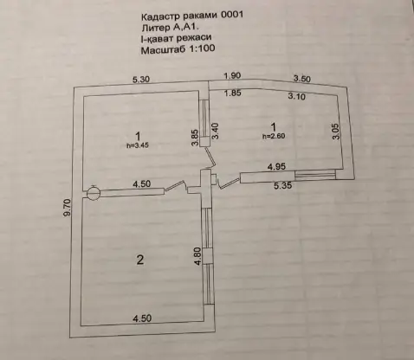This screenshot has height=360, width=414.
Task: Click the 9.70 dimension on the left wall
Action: tap(67, 207)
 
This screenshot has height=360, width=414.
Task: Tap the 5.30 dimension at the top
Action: tap(141, 79)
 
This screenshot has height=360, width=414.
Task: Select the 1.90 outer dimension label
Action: tap(232, 75)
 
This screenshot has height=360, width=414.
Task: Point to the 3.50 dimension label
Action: tap(301, 78)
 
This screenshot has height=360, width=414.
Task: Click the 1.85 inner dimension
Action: tap(233, 93)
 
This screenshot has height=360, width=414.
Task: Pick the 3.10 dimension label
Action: tap(296, 96)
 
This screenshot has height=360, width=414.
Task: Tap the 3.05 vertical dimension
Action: tap(336, 132)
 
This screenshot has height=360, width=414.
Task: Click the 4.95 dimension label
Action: tap(276, 166)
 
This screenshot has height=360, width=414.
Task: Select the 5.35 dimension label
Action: tap(283, 185)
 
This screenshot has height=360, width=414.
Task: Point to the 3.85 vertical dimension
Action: tap(195, 138)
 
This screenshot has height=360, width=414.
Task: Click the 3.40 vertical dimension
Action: tap(216, 132)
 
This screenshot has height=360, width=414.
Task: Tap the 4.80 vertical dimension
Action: tap(198, 256)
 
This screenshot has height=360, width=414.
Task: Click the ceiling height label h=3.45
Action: tap(138, 145)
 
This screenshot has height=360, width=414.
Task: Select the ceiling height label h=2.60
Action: tap(274, 136)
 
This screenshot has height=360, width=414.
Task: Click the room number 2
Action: tap(140, 260)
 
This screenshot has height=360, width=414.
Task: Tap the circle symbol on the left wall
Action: tap(94, 192)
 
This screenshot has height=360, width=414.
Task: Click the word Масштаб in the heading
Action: tap(164, 50)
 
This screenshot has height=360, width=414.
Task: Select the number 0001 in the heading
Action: tap(232, 15)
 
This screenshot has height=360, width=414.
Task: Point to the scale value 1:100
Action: tap(202, 48)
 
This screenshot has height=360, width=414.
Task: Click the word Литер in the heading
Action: tap(156, 28)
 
